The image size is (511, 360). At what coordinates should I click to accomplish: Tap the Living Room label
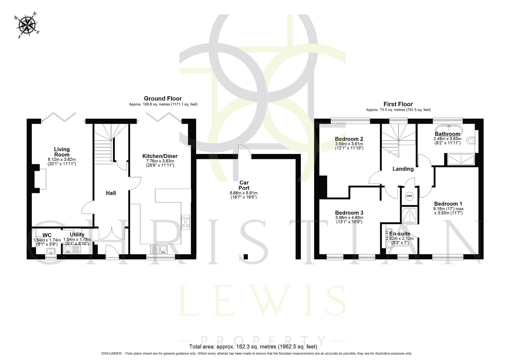pyautogui.click(x=62, y=152)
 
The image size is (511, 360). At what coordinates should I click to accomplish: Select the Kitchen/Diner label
pyautogui.click(x=160, y=156)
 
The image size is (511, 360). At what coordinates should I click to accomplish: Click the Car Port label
pyautogui.click(x=244, y=185)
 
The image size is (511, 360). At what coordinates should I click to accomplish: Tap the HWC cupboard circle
pyautogui.click(x=409, y=196)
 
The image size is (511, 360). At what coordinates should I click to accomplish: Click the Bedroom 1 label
pyautogui.click(x=448, y=204)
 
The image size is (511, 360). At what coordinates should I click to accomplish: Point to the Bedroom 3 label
pyautogui.click(x=349, y=213)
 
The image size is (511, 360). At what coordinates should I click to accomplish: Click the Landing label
pyautogui.click(x=403, y=169)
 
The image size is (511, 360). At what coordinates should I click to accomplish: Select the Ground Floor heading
pyautogui.click(x=163, y=98)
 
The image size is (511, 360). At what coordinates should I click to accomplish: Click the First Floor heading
pyautogui.click(x=398, y=104)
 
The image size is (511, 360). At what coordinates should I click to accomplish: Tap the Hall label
pyautogui.click(x=111, y=193)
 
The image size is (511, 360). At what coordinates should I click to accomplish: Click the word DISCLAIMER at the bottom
pyautogui.click(x=112, y=353)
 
